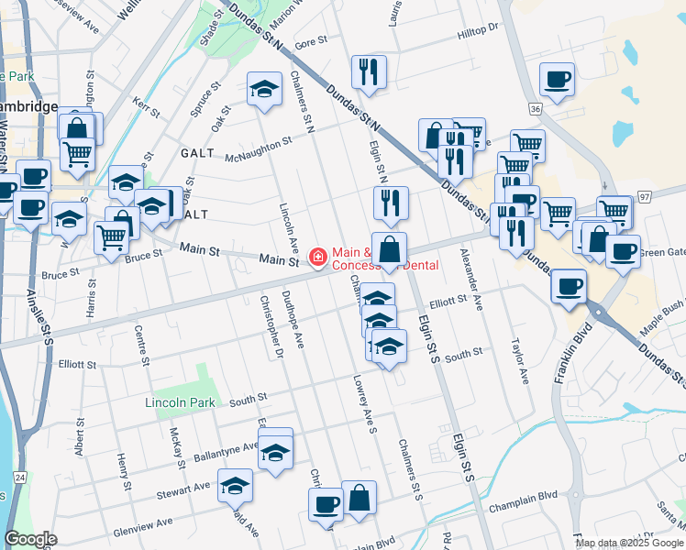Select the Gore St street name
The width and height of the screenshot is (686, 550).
[x=311, y=42]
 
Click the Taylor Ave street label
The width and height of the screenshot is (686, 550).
[x=519, y=365]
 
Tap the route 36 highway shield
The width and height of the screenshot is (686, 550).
[x=535, y=108]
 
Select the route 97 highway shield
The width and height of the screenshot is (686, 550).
[x=643, y=197]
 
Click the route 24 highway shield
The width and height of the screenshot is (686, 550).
[x=20, y=477]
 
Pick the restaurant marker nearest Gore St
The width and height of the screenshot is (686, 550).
[x=369, y=72]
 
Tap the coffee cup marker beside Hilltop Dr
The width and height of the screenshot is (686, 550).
[x=557, y=80]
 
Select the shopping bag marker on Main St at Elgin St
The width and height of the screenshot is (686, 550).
[x=389, y=249]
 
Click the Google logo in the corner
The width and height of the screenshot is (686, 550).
[x=31, y=539]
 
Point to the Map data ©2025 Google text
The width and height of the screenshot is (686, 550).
[x=628, y=543]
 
